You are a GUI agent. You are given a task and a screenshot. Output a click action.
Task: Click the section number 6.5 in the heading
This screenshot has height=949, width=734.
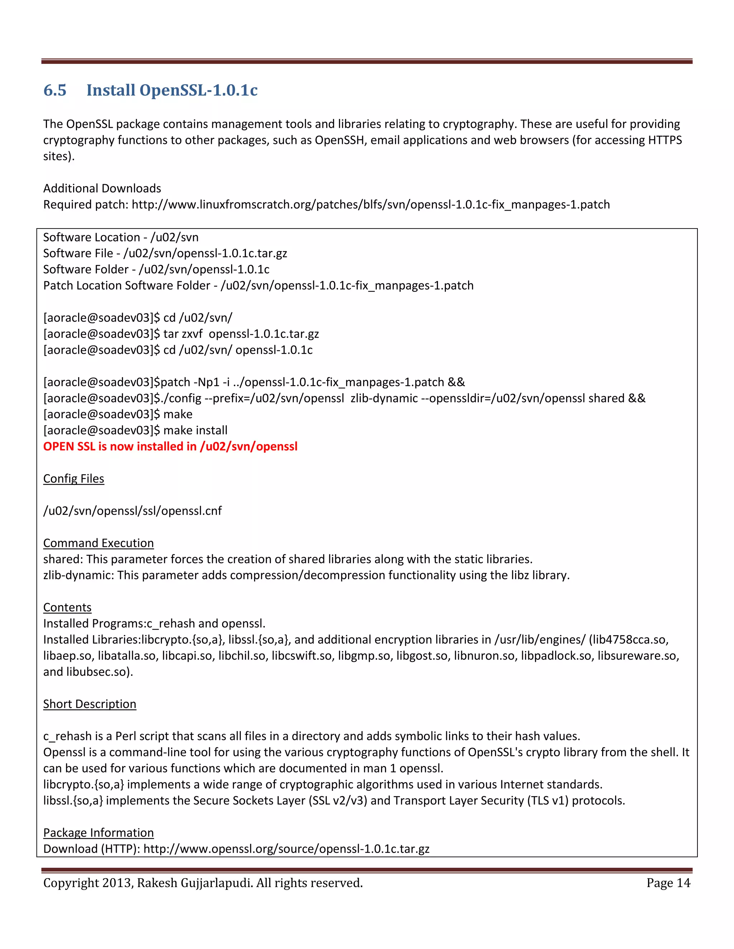coord(55,90)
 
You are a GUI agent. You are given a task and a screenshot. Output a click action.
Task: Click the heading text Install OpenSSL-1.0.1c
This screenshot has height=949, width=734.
coord(172,90)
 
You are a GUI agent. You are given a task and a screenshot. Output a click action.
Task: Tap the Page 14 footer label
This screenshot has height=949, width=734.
coord(668,883)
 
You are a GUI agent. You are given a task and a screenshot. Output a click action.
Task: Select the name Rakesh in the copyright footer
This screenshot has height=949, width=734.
coord(157,883)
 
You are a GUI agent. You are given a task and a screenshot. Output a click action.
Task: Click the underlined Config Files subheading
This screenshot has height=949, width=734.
coord(73,478)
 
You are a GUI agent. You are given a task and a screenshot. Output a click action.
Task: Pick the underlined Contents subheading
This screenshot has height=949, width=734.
coord(67,607)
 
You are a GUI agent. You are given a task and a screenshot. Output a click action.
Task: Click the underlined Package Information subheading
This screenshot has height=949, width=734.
coord(98,832)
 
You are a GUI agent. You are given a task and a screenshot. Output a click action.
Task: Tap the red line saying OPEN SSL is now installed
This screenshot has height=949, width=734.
coord(170,446)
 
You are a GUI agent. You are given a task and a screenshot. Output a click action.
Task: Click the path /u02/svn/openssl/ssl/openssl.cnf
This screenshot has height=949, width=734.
coord(132,511)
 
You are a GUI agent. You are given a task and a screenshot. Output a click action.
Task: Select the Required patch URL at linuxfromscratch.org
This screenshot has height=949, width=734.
coord(371,204)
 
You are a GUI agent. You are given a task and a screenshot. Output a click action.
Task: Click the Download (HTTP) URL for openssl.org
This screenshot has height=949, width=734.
coord(286,849)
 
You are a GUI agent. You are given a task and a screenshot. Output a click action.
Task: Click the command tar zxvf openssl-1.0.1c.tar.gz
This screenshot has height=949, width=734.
coord(241,334)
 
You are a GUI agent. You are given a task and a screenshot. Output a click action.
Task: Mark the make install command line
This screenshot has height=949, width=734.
coord(195,430)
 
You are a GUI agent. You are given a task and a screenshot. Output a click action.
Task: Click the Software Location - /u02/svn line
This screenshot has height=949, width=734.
coord(120,237)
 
